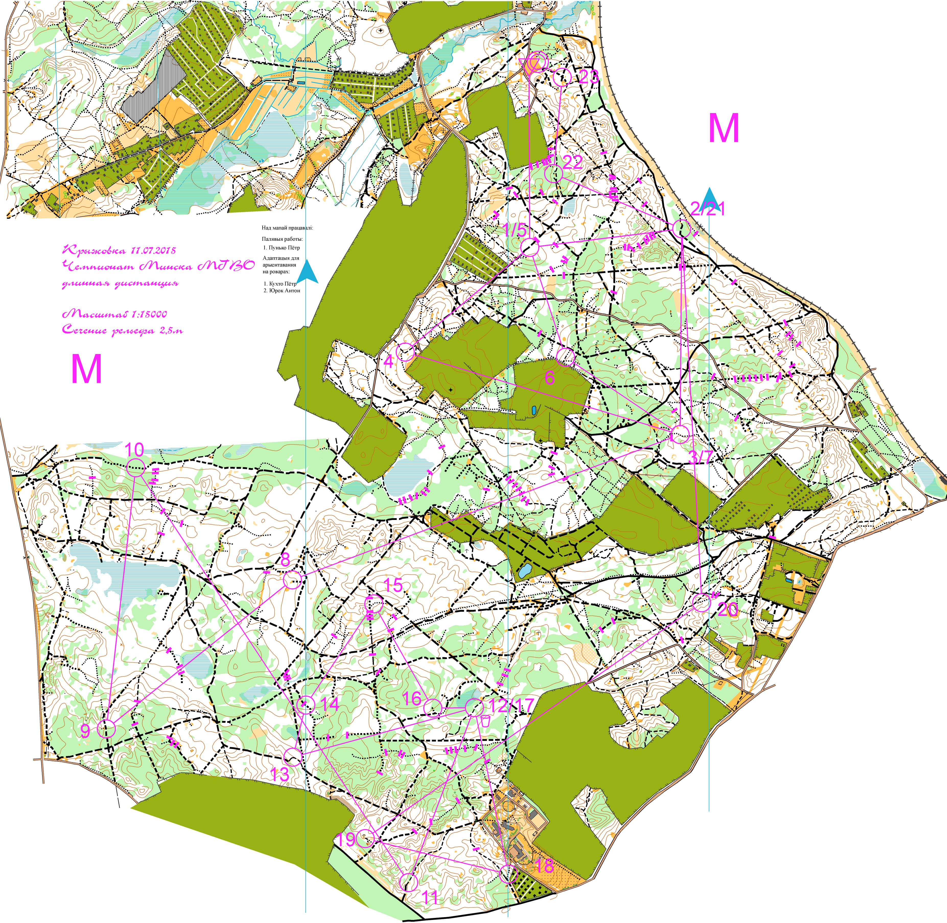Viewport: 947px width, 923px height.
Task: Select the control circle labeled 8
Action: tap(292, 580)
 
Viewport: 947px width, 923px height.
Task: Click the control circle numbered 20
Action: tap(701, 603)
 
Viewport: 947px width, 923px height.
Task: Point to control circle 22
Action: tap(553, 174)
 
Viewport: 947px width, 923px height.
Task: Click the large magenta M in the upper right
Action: tap(724, 128)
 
